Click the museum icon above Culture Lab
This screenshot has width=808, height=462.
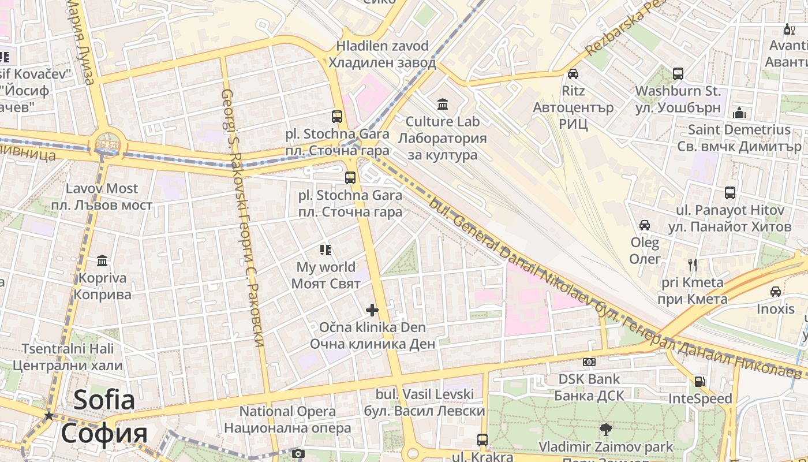point(443,104)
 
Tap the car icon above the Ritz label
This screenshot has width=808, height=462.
point(573,73)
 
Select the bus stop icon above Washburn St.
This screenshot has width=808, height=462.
point(678,74)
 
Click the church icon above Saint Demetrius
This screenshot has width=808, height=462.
point(739,112)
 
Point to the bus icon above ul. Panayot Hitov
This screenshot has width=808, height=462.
point(730,193)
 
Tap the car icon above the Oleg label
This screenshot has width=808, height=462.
point(645,225)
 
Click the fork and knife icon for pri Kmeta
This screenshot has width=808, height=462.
point(693,265)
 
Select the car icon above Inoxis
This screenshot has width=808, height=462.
point(776,292)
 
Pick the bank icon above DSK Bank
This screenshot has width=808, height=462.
point(589,362)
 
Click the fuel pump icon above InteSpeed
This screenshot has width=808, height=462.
point(700,381)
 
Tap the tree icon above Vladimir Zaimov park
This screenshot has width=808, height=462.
point(605,429)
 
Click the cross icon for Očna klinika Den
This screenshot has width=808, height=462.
point(372,310)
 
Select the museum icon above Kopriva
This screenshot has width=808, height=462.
point(102,260)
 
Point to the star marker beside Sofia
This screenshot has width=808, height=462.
point(49,416)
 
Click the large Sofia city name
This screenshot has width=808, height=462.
point(104,416)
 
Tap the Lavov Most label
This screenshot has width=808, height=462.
point(102,196)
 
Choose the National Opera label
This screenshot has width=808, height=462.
point(287,419)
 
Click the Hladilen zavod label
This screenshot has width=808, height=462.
point(383,54)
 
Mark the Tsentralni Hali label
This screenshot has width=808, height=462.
point(68,357)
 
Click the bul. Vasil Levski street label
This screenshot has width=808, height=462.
point(424,403)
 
